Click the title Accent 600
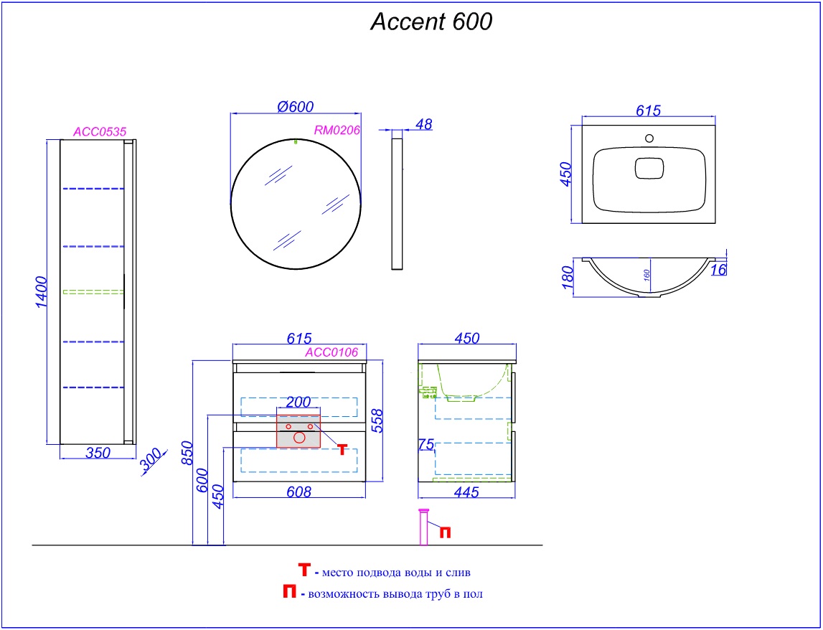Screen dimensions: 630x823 click(431, 22)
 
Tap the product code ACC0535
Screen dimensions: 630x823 click(100, 131)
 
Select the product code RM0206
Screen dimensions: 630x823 click(337, 130)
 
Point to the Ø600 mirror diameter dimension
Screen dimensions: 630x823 click(295, 106)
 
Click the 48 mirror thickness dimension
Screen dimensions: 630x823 click(424, 124)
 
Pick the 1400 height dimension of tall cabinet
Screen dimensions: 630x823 click(41, 291)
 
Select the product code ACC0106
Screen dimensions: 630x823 click(331, 352)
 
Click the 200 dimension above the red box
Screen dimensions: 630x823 click(298, 402)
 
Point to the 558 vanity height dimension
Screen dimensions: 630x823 click(378, 420)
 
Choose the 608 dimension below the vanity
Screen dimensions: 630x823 click(298, 492)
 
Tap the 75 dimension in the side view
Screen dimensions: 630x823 click(425, 445)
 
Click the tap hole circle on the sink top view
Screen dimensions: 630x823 click(649, 138)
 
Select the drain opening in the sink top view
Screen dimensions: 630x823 click(649, 167)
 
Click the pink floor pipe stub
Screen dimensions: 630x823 click(423, 528)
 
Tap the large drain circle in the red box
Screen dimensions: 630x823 click(298, 436)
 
